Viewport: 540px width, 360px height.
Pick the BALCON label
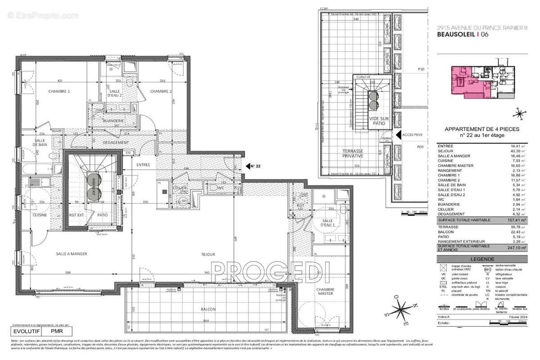(x=209, y=309)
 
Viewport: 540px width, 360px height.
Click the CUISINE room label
(x=40, y=215)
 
